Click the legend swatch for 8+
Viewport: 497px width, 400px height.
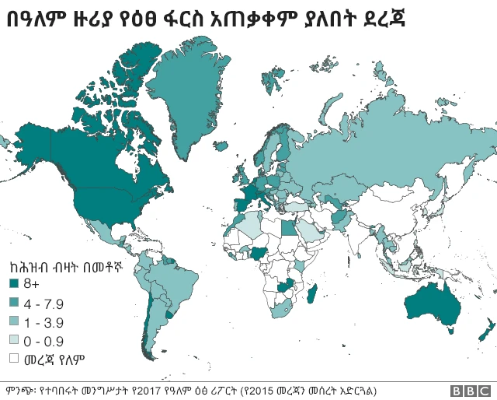pyautogui.click(x=13, y=283)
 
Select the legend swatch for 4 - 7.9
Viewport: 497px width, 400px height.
pyautogui.click(x=13, y=303)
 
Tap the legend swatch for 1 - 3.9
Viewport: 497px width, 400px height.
pyautogui.click(x=13, y=321)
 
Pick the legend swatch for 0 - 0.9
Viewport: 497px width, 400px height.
pyautogui.click(x=13, y=341)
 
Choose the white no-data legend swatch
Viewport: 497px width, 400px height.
pyautogui.click(x=13, y=359)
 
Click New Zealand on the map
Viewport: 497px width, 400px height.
pyautogui.click(x=483, y=330)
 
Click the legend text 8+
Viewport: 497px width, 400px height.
pyautogui.click(x=32, y=283)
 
